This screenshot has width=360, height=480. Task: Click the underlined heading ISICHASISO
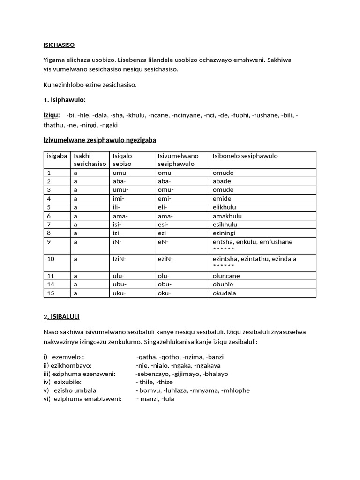coord(59,45)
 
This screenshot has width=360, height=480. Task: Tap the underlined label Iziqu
coord(51,115)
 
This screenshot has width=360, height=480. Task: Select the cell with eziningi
coord(224,233)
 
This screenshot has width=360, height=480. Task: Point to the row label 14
coord(50,285)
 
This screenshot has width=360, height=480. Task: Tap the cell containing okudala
coord(224,293)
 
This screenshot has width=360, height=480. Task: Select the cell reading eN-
coord(164,242)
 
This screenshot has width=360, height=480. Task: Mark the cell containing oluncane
coord(226,276)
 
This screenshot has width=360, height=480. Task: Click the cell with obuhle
coord(223,285)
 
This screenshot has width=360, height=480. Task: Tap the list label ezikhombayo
coord(71,366)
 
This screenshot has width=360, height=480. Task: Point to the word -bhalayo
coord(216,374)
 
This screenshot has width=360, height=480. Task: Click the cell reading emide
coord(221,199)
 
